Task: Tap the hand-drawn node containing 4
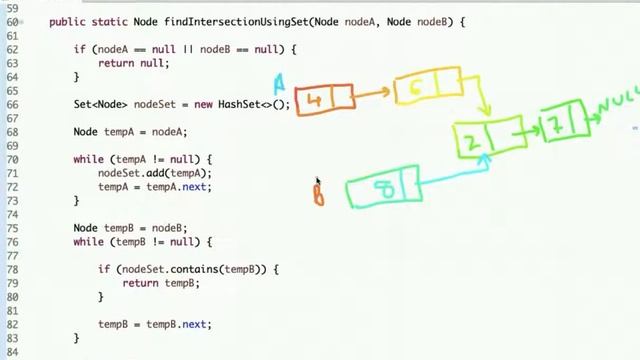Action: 323,99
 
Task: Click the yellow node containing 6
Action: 426,87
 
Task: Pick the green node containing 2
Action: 488,138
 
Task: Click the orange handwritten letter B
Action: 318,191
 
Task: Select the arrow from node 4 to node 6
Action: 373,94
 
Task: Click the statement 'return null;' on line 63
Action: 134,62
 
